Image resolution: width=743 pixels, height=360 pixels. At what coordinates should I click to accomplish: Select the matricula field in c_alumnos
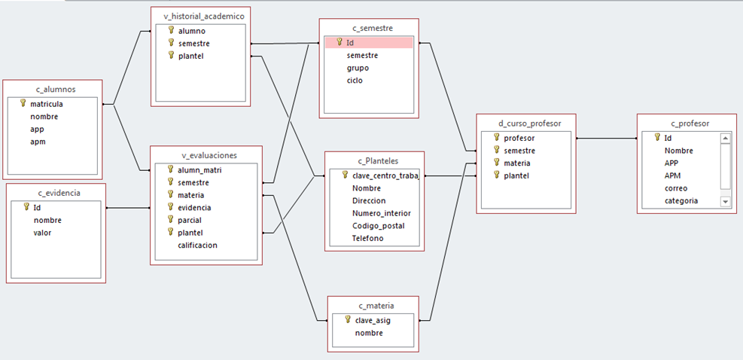click(x=46, y=104)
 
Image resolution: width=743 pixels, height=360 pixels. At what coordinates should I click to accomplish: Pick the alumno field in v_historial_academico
click(x=193, y=31)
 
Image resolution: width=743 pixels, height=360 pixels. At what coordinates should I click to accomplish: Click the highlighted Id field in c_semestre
click(x=351, y=43)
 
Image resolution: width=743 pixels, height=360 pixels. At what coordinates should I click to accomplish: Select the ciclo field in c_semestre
click(x=355, y=80)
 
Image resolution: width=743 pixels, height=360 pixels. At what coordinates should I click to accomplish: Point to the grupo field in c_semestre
click(x=358, y=68)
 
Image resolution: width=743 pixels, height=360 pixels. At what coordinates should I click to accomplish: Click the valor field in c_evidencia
click(x=44, y=232)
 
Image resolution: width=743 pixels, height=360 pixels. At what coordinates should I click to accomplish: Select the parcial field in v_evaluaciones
click(x=190, y=220)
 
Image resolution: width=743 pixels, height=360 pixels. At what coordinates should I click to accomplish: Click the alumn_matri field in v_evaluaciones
click(x=199, y=169)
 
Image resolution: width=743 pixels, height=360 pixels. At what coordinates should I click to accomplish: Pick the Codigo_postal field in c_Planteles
click(x=378, y=226)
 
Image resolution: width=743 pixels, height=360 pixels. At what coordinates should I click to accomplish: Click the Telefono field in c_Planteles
click(x=367, y=238)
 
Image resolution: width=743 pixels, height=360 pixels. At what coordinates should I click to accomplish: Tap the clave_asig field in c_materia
click(x=373, y=320)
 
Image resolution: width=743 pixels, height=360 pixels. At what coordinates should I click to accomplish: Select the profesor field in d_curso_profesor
click(x=519, y=138)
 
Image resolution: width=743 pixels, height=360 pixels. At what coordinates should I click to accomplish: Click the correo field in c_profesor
click(x=676, y=188)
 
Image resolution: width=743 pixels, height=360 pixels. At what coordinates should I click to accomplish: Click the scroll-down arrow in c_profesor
click(x=726, y=202)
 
